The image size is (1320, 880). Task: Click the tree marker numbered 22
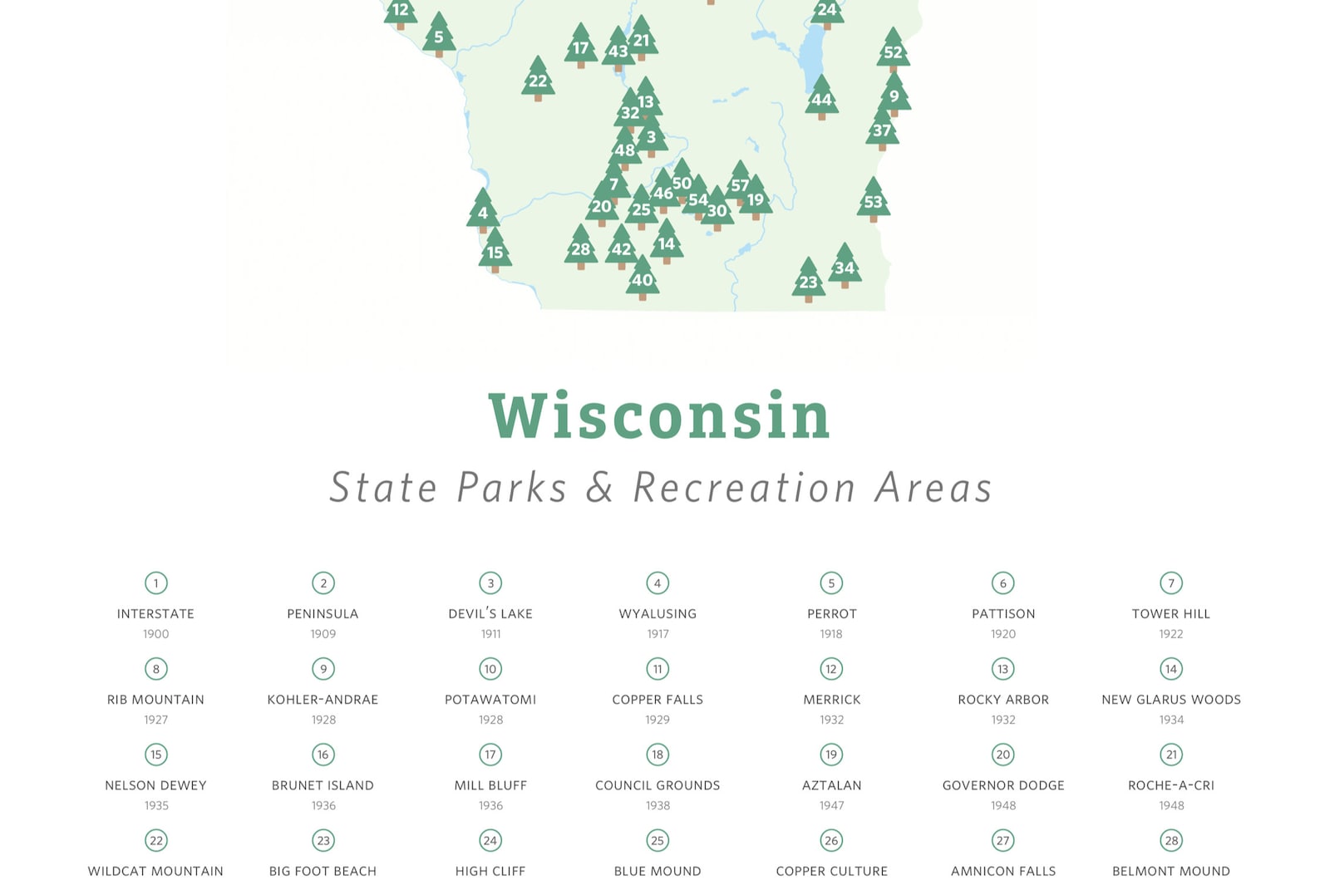pos(538,80)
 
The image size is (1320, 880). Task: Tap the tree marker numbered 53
pos(873,200)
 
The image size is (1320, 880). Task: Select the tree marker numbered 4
pos(482,211)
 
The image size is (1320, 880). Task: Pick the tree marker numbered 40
pos(642,278)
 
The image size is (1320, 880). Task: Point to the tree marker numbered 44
pos(821,98)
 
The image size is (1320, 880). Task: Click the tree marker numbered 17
pos(580,47)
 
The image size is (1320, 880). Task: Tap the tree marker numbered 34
pos(845,267)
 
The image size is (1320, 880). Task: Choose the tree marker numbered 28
pos(580,248)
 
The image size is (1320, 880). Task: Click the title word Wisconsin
pos(659,415)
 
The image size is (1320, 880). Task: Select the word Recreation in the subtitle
pos(744,488)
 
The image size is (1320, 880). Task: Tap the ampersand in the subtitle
pos(599,488)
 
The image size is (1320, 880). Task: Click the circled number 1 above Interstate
pos(155,583)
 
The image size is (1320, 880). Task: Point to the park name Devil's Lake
pos(490,614)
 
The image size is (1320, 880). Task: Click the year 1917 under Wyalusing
pos(658,634)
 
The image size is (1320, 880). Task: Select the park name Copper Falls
pos(658,700)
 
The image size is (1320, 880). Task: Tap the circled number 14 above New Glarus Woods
pos(1170,669)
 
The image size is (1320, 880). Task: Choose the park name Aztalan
pos(831,785)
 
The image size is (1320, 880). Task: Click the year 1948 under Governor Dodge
pos(1002,805)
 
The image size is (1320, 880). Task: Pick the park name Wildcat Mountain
pos(155,871)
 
